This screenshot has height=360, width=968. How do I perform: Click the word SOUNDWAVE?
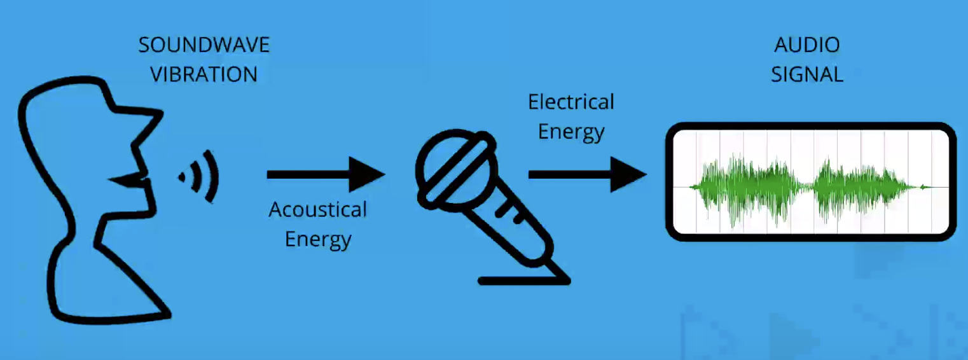point(204,46)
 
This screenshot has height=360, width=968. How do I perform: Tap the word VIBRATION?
point(204,74)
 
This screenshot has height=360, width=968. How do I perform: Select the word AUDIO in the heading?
point(807,46)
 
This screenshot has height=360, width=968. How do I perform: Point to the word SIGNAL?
point(807,74)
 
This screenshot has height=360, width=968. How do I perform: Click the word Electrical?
point(571,102)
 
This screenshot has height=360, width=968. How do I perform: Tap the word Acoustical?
point(317,210)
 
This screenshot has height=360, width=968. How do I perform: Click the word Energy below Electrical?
point(571,132)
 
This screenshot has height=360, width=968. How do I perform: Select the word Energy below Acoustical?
point(317,240)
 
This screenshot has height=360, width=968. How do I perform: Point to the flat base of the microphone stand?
point(522,280)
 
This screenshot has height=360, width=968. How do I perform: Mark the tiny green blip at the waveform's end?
point(924,187)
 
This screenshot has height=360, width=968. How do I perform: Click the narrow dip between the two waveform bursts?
point(808,187)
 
